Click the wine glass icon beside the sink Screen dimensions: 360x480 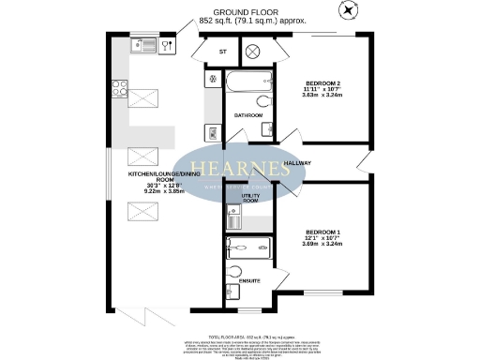(167, 44)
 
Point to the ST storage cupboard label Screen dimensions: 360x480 (222, 52)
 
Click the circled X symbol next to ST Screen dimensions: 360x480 (250, 52)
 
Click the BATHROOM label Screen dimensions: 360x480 (247, 115)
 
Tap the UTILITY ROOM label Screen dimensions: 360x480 (249, 198)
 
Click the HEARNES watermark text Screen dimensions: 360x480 (240, 169)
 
